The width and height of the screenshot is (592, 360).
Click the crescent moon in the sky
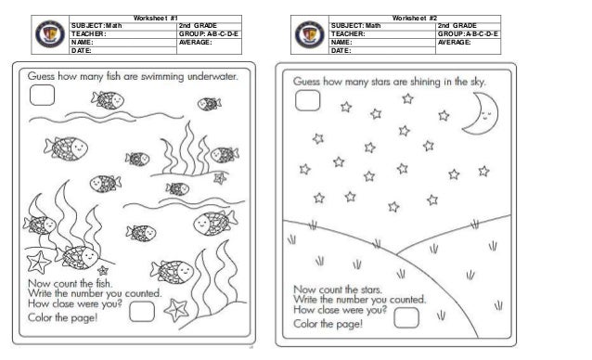(x=483, y=114)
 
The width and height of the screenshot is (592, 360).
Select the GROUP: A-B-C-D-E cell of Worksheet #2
(x=468, y=33)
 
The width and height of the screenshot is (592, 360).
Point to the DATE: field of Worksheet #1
(x=84, y=50)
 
